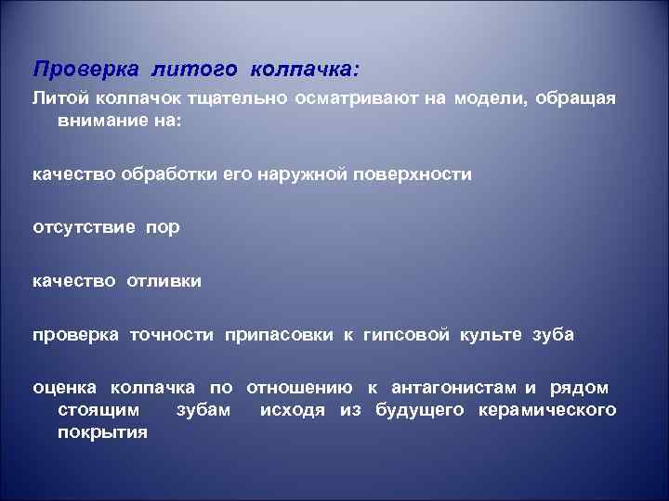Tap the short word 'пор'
pos(161,227)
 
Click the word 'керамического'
pos(545,409)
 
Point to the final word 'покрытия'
pos(102,431)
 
